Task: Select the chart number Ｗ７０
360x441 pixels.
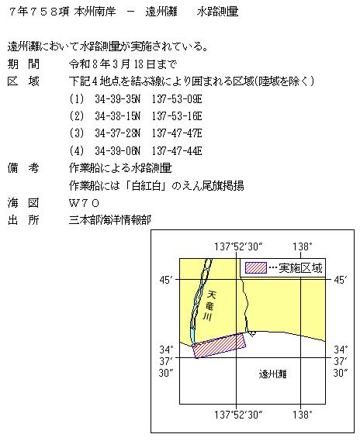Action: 84,203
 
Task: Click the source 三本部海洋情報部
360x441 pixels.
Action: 109,220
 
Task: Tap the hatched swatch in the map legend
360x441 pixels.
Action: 255,267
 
